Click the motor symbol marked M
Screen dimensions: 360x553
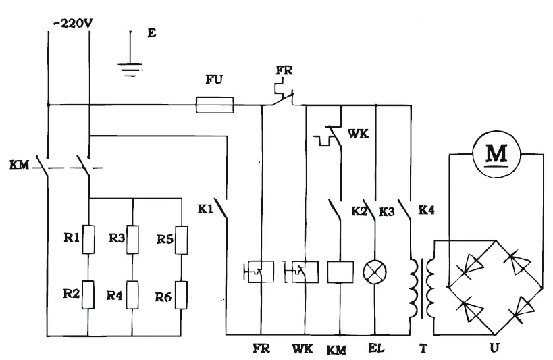[x=496, y=153]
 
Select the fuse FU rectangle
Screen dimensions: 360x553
[x=215, y=105]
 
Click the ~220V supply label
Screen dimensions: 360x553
[x=71, y=23]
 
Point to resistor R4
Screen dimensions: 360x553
[x=133, y=296]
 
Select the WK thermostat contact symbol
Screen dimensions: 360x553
[x=330, y=136]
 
